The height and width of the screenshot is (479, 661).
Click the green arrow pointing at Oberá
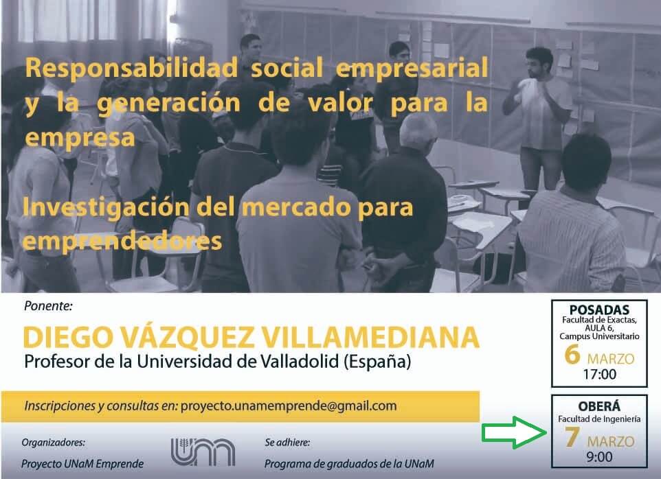[x=515, y=432]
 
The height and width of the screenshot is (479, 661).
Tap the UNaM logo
[x=203, y=452]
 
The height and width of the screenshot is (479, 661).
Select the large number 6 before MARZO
[x=572, y=354]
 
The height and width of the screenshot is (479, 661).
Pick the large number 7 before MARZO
[x=572, y=437]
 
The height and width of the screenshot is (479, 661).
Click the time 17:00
[x=599, y=374]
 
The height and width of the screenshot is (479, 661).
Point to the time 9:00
[x=599, y=456]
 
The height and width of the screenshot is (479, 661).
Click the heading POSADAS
[x=599, y=309]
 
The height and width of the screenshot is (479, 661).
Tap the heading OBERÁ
[x=599, y=406]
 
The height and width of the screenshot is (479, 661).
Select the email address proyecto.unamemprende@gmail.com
[x=289, y=406]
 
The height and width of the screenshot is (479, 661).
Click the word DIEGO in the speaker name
[x=68, y=338]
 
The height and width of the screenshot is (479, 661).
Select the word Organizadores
[x=53, y=443]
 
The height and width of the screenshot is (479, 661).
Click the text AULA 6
[x=599, y=328]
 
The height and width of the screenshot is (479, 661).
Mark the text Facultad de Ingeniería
[x=599, y=419]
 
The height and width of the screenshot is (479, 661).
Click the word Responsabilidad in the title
[x=131, y=68]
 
